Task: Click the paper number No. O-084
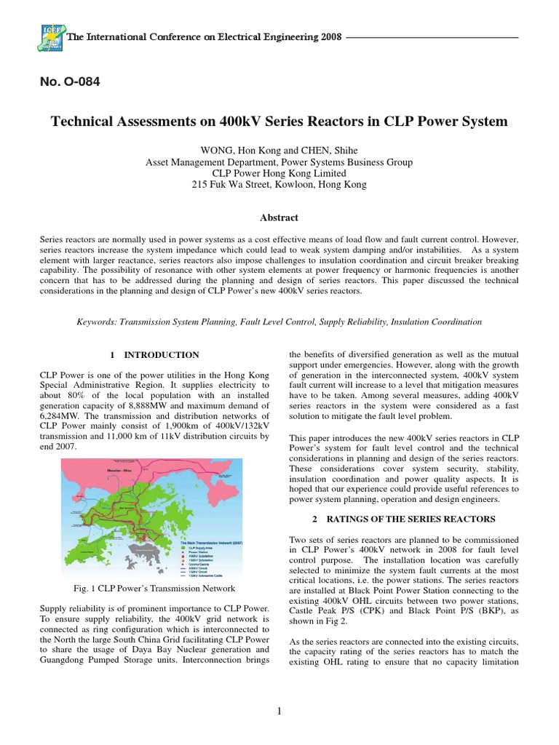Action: pos(69,81)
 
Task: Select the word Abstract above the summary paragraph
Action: pos(279,218)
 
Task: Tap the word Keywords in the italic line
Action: pos(99,321)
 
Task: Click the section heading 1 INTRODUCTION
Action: pos(154,355)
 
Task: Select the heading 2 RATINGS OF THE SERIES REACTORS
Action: pos(404,519)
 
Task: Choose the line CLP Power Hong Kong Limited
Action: pos(279,174)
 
